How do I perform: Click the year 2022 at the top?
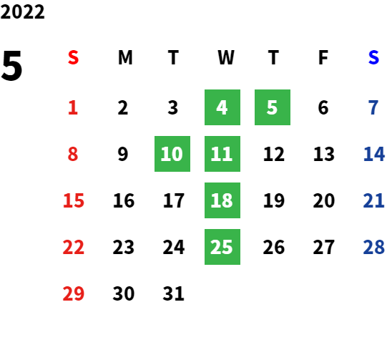[x=22, y=12]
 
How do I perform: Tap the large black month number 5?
[x=11, y=66]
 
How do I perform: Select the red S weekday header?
[x=73, y=58]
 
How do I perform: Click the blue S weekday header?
[x=373, y=58]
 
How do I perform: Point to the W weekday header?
[x=226, y=58]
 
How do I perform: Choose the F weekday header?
[x=323, y=58]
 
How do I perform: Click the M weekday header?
[x=125, y=58]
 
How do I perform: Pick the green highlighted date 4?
[x=222, y=107]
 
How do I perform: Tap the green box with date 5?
[x=273, y=107]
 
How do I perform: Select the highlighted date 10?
[x=172, y=154]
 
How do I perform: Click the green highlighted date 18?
[x=222, y=200]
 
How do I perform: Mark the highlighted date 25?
[x=222, y=247]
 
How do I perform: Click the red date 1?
[x=73, y=107]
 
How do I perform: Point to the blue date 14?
[x=374, y=154]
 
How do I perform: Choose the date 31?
[x=174, y=293]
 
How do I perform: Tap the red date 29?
[x=73, y=293]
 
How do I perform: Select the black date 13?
[x=324, y=154]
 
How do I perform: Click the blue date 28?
[x=374, y=247]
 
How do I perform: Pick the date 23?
[x=124, y=247]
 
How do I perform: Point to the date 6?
[x=323, y=107]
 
